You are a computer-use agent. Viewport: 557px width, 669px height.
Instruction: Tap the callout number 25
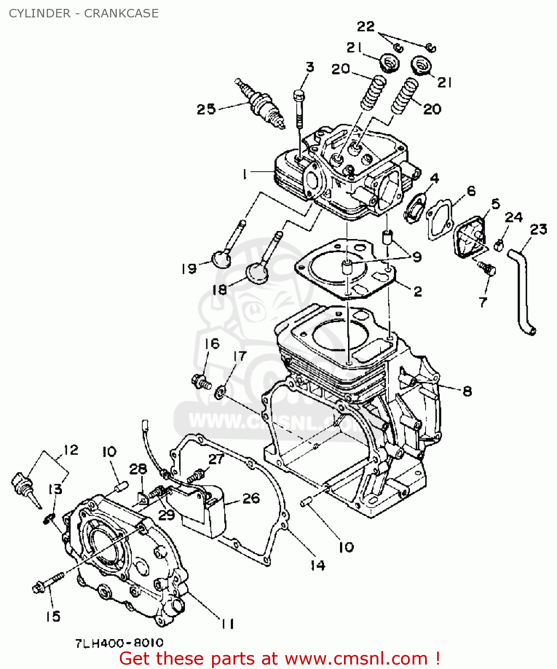tap(206, 109)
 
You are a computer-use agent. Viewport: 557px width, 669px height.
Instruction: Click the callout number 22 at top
tap(366, 27)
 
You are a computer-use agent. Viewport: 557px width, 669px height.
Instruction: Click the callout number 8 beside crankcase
tap(467, 391)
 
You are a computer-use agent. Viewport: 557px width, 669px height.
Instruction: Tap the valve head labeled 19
tap(221, 259)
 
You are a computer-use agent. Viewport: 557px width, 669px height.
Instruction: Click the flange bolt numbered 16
tap(201, 382)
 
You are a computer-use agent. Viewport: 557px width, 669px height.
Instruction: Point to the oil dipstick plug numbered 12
tap(22, 486)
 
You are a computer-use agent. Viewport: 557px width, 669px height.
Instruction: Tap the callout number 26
tap(251, 498)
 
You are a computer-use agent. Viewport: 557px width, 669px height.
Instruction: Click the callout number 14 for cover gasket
tap(318, 566)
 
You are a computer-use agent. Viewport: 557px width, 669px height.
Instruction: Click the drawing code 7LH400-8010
tap(119, 643)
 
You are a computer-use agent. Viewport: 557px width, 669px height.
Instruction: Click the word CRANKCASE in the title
tap(121, 13)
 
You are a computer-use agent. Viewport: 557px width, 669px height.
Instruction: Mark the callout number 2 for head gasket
tap(418, 291)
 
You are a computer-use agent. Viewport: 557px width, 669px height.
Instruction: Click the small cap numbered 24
tap(500, 244)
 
